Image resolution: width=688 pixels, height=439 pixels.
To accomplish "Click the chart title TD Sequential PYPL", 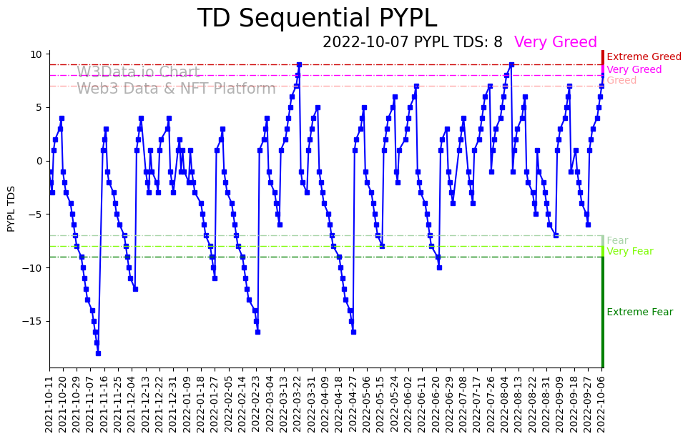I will click(x=317, y=19).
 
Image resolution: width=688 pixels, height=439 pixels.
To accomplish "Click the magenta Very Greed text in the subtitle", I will click(x=555, y=42).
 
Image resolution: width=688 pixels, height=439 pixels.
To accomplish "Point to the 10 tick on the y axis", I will click(x=36, y=54).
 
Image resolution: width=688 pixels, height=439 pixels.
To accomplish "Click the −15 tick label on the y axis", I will click(x=33, y=321).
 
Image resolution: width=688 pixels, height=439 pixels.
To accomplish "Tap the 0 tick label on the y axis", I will click(x=40, y=161).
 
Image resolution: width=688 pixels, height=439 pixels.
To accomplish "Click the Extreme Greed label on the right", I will click(x=644, y=57).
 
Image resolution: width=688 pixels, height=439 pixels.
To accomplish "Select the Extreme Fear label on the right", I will click(x=639, y=312).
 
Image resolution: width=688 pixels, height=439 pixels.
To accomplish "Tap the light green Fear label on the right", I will click(x=617, y=241).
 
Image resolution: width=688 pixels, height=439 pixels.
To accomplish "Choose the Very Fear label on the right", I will click(x=629, y=252).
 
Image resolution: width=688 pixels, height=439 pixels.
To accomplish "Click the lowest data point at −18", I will click(x=98, y=353).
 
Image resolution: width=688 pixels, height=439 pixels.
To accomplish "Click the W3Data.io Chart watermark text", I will click(x=138, y=72).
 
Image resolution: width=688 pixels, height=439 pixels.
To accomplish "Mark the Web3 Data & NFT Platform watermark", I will click(x=176, y=89).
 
